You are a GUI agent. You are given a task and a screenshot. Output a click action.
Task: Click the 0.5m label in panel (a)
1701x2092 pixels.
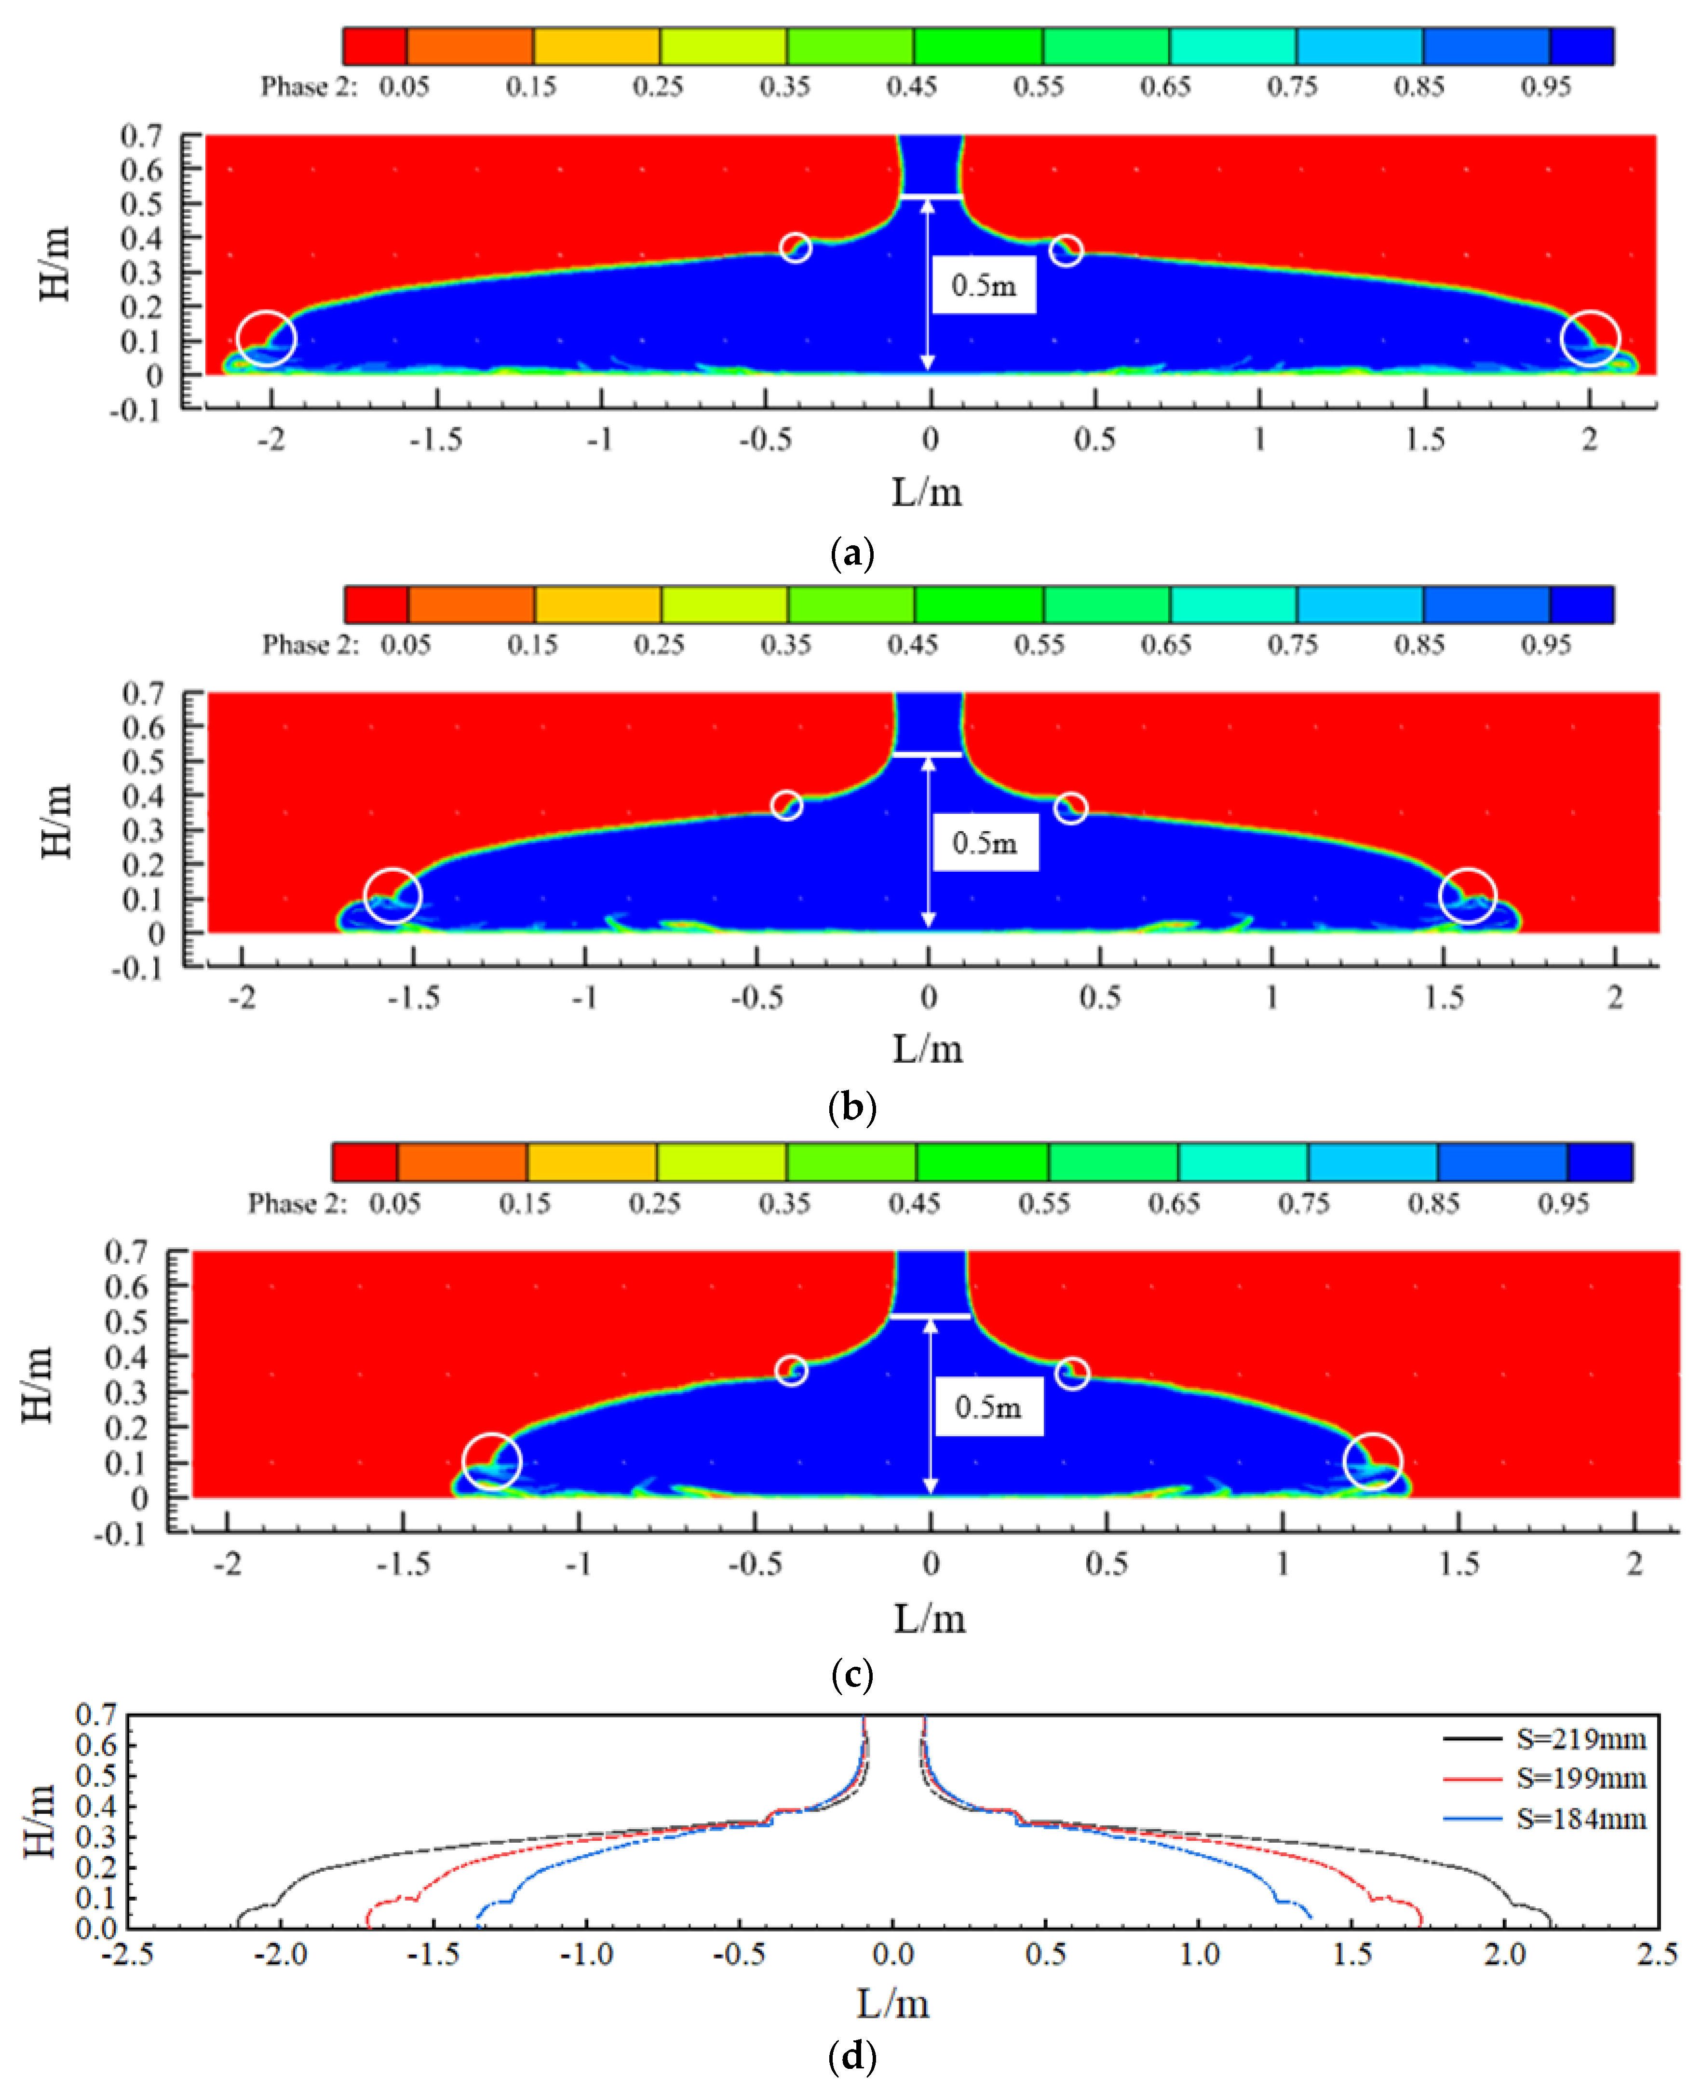tap(984, 285)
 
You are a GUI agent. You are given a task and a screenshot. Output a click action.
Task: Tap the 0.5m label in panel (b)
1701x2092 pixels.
tap(985, 843)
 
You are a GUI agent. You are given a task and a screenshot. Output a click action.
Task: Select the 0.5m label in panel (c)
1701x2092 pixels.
tap(988, 1407)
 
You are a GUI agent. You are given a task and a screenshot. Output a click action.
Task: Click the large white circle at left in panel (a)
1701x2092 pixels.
tap(267, 338)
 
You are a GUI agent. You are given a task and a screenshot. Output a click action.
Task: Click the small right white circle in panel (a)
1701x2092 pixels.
tap(1066, 251)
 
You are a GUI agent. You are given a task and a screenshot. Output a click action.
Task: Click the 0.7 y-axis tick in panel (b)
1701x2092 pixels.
tap(143, 694)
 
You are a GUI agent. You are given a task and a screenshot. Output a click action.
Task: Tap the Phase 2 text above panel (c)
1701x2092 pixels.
tap(297, 1203)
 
